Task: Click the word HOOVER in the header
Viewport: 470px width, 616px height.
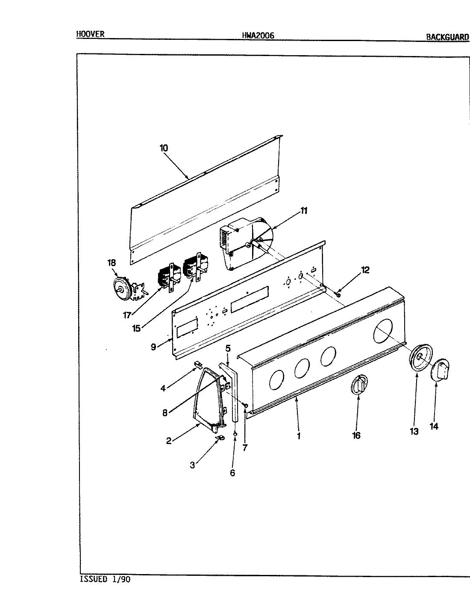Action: pyautogui.click(x=90, y=34)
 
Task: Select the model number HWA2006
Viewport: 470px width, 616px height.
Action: pyautogui.click(x=258, y=36)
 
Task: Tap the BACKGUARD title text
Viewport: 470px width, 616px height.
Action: pyautogui.click(x=447, y=37)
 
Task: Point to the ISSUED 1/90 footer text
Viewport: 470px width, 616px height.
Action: pyautogui.click(x=105, y=580)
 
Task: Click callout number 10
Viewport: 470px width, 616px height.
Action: pyautogui.click(x=164, y=148)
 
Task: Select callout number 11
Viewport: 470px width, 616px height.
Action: pyautogui.click(x=304, y=210)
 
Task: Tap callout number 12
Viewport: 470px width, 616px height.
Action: pyautogui.click(x=365, y=270)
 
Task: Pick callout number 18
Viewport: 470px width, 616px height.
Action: pyautogui.click(x=112, y=263)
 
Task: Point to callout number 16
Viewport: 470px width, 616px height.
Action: pyautogui.click(x=356, y=435)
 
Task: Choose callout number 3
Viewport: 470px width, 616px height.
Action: pyautogui.click(x=193, y=465)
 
